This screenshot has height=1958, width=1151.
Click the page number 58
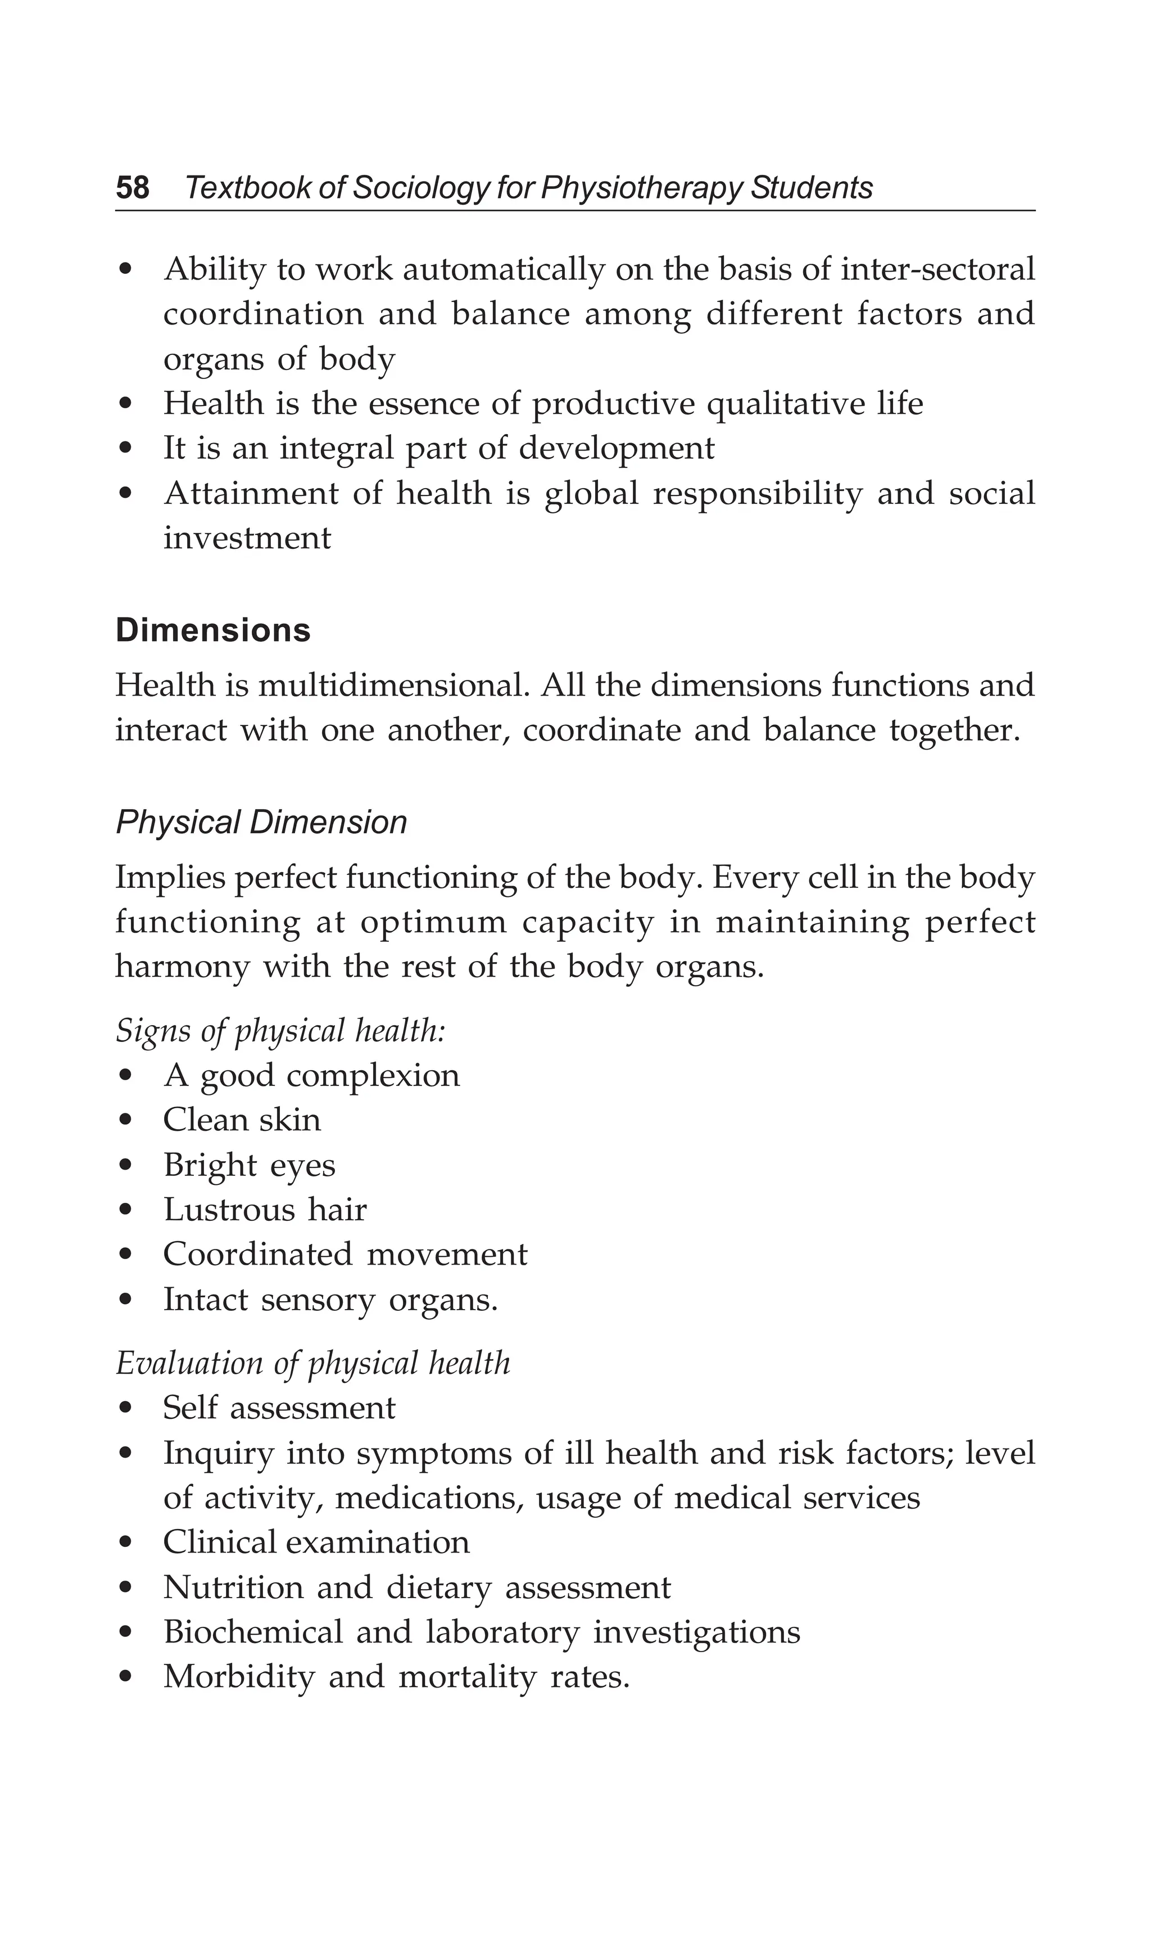click(x=132, y=188)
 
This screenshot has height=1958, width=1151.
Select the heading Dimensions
click(x=213, y=630)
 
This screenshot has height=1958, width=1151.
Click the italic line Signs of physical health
click(x=280, y=1031)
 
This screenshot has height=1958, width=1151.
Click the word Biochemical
click(x=253, y=1632)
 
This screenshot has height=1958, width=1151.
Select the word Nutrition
click(x=233, y=1587)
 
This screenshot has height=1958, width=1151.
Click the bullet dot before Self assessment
click(x=126, y=1409)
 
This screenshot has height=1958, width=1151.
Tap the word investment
click(x=247, y=538)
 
